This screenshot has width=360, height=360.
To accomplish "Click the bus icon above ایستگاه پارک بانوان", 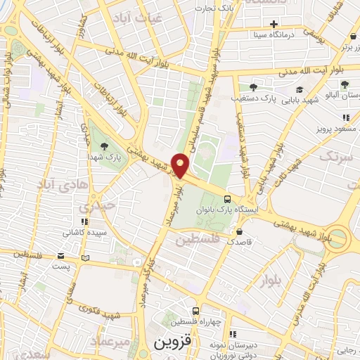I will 227,199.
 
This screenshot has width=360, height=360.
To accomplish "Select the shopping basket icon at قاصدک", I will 240,231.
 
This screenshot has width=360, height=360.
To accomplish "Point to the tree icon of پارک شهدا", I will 105,147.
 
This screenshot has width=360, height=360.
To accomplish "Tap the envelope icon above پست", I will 61,256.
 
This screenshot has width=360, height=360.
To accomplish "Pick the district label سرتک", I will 333,156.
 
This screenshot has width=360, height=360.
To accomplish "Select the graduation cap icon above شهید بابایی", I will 300,89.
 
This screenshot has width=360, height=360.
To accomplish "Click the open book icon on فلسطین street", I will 86,257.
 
